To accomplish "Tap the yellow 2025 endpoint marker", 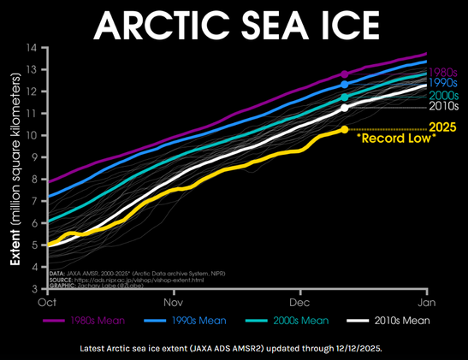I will coord(344,129).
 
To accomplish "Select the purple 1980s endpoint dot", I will coord(344,74).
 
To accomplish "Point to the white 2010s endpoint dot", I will coord(344,108).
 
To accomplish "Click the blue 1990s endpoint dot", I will coord(344,85).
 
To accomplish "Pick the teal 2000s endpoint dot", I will coord(344,97).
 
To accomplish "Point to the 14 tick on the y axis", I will coord(33,47).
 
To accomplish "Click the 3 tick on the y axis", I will coord(35,289).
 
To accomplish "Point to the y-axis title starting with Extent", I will coord(15,168).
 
